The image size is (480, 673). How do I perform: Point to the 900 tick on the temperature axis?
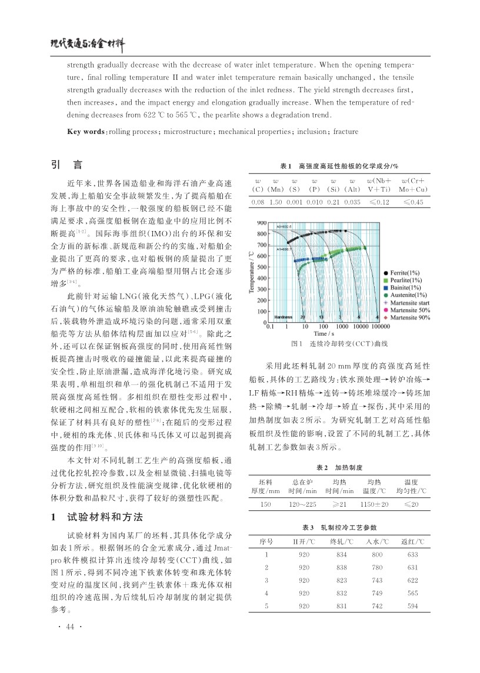click(x=262, y=223)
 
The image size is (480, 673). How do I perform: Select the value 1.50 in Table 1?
click(x=275, y=202)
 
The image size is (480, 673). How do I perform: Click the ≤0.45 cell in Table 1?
click(x=413, y=202)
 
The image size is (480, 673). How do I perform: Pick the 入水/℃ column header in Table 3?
click(x=374, y=541)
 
